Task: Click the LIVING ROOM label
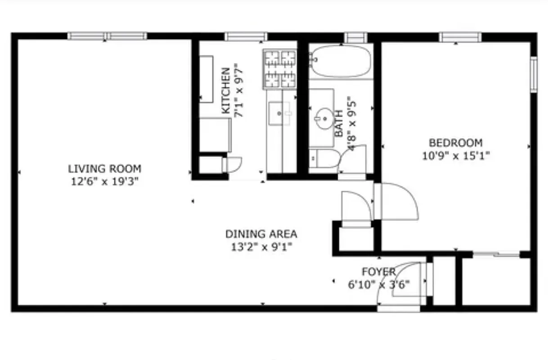tap(104, 169)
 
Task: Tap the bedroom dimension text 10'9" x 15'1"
tap(456, 156)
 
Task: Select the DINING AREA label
tap(261, 234)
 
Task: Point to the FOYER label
tap(379, 272)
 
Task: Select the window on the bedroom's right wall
tap(534, 74)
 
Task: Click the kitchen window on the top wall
tap(246, 36)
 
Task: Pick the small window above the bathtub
tap(356, 37)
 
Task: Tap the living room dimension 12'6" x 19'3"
tap(104, 181)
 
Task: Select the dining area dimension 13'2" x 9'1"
tap(261, 247)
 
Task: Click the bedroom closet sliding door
tap(496, 255)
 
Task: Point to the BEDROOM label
tap(456, 143)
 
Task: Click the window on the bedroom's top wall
tap(460, 37)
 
